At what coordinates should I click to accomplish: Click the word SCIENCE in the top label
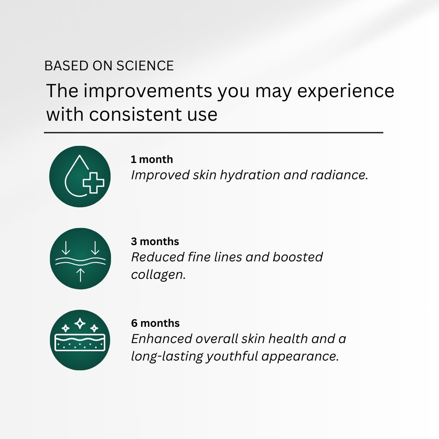pyautogui.click(x=145, y=66)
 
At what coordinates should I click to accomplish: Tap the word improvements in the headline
pyautogui.click(x=148, y=91)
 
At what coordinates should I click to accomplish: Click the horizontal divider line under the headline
pyautogui.click(x=214, y=133)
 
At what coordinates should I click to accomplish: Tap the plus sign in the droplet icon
pyautogui.click(x=93, y=183)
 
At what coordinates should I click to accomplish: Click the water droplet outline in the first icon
pyautogui.click(x=74, y=176)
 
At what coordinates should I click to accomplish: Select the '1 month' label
pyautogui.click(x=152, y=159)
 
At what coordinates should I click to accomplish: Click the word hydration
pyautogui.click(x=250, y=176)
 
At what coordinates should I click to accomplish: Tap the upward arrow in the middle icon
pyautogui.click(x=80, y=275)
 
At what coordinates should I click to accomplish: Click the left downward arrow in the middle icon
pyautogui.click(x=66, y=248)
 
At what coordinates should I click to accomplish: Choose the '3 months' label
pyautogui.click(x=155, y=241)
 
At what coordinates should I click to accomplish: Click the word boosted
pyautogui.click(x=298, y=257)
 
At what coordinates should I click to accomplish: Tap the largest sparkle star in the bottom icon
pyautogui.click(x=80, y=324)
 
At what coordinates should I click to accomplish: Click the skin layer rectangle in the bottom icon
pyautogui.click(x=80, y=342)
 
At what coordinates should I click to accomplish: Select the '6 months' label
pyautogui.click(x=155, y=323)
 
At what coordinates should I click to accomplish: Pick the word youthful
pyautogui.click(x=232, y=357)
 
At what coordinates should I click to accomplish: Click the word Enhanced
pyautogui.click(x=161, y=339)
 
